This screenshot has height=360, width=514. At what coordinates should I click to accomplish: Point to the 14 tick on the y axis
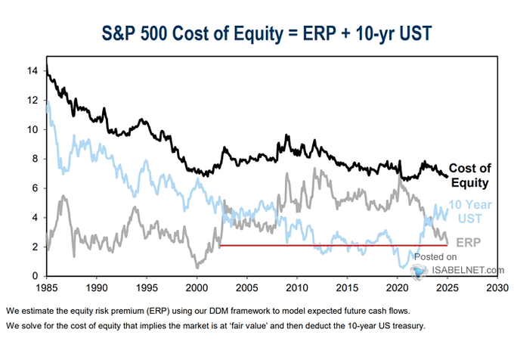pyautogui.click(x=33, y=70)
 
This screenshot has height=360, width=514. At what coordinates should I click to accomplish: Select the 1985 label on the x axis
pyautogui.click(x=46, y=288)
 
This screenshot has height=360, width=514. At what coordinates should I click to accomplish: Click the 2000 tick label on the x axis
pyautogui.click(x=197, y=288)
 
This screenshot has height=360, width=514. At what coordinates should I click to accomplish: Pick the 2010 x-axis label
pyautogui.click(x=297, y=288)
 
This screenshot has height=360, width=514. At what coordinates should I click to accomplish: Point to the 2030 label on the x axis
pyautogui.click(x=497, y=288)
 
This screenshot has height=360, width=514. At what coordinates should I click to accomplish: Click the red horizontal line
pyautogui.click(x=333, y=245)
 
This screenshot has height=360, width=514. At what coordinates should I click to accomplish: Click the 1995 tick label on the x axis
pyautogui.click(x=147, y=288)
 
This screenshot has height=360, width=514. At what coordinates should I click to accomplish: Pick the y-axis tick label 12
pyautogui.click(x=33, y=100)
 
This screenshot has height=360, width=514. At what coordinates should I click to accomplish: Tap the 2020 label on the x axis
pyautogui.click(x=397, y=288)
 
